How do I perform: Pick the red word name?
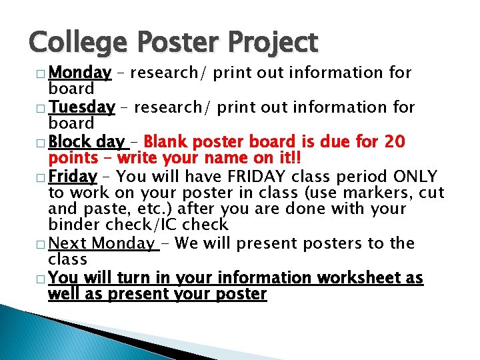(209, 158)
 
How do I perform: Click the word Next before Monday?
(68, 243)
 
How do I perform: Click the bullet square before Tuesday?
(43, 108)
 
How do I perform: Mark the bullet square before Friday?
(43, 177)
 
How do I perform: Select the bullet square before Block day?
(43, 143)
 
